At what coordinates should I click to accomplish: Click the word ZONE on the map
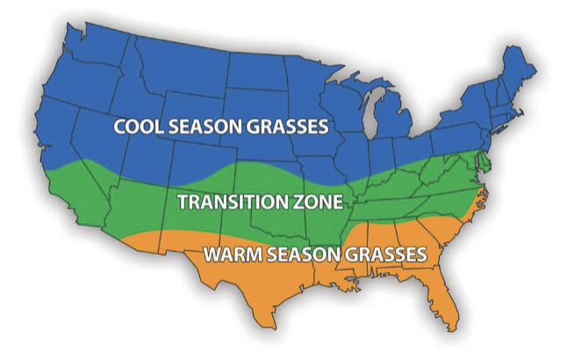tap(321, 201)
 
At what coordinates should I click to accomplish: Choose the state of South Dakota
tap(255, 105)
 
